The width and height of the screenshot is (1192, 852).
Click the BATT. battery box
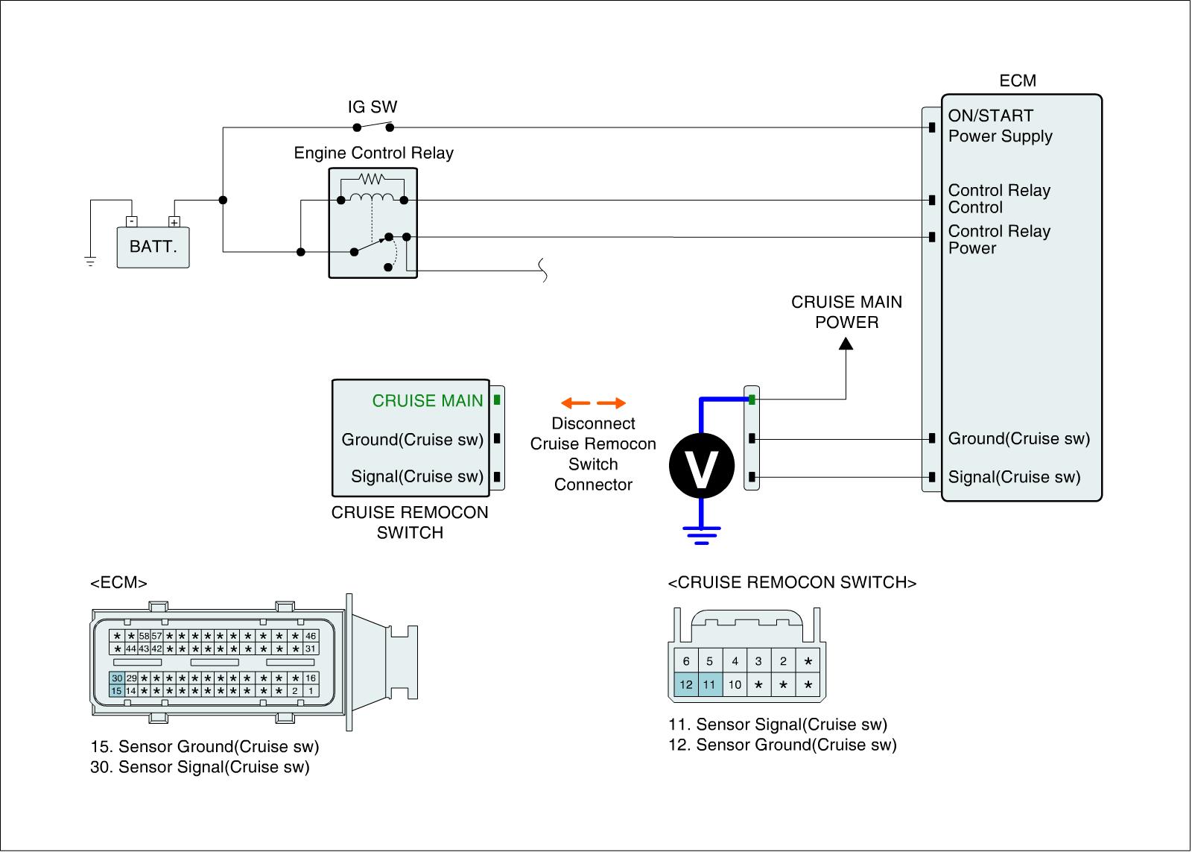[x=153, y=247]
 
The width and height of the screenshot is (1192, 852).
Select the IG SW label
[x=372, y=107]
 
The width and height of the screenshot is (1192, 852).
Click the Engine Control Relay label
[x=373, y=153]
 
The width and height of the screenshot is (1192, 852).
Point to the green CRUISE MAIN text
[x=428, y=401]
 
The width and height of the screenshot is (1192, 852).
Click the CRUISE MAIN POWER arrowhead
[x=846, y=344]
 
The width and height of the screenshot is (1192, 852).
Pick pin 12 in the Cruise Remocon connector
[x=686, y=684]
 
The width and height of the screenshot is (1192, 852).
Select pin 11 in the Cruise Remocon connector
[x=709, y=684]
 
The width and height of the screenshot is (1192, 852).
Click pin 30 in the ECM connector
[x=116, y=678]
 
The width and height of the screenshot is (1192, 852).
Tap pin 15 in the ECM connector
[x=116, y=691]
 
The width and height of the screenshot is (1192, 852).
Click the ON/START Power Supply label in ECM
[x=1000, y=126]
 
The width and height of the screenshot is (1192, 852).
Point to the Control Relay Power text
[x=998, y=239]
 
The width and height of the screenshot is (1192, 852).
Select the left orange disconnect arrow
[x=575, y=403]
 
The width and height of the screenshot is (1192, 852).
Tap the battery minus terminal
[x=131, y=221]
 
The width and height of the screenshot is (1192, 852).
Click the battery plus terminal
[x=174, y=221]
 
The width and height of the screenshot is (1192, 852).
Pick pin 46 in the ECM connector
[x=311, y=636]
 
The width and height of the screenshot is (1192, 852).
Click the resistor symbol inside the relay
[x=370, y=179]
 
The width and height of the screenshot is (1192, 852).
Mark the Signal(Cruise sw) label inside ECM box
[x=1014, y=477]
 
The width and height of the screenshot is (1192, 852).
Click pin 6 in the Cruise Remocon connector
[x=686, y=661]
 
